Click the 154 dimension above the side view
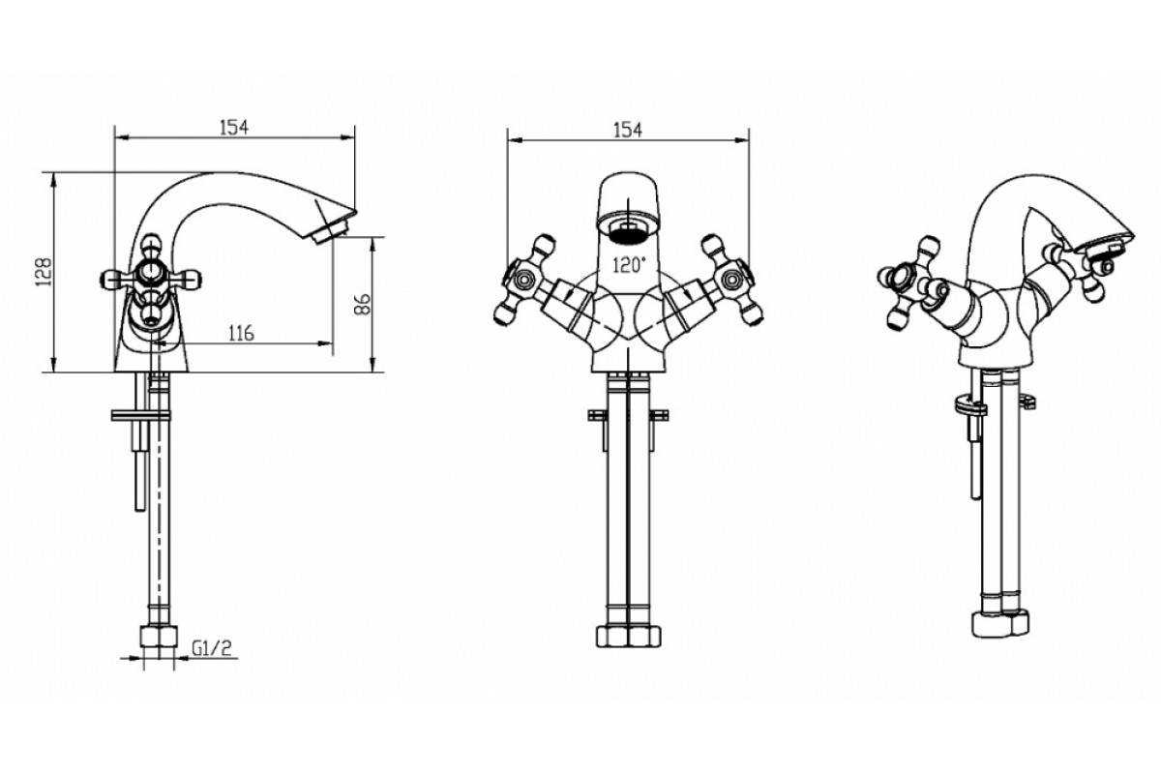[234, 128]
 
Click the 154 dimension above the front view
[628, 130]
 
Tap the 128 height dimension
[45, 272]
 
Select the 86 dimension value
[363, 304]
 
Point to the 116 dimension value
[242, 333]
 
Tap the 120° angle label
[629, 265]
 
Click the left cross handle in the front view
[523, 281]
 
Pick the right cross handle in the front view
[731, 281]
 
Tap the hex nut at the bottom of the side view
[159, 638]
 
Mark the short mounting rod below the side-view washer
[139, 465]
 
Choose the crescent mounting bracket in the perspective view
[968, 404]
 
